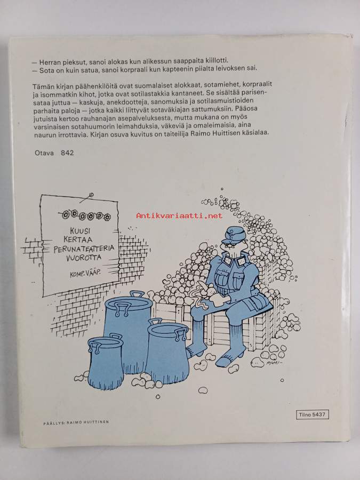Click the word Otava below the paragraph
pyautogui.click(x=44, y=153)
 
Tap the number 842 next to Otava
pyautogui.click(x=67, y=153)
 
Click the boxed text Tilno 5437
pyautogui.click(x=312, y=415)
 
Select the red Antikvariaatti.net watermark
pyautogui.click(x=179, y=215)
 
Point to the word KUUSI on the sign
pyautogui.click(x=80, y=230)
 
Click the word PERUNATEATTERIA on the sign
pyautogui.click(x=84, y=248)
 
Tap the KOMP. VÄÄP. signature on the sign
pyautogui.click(x=85, y=273)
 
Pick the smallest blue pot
pyautogui.click(x=105, y=362)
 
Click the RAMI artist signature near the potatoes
pyautogui.click(x=273, y=363)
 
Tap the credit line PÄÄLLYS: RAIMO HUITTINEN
pyautogui.click(x=76, y=422)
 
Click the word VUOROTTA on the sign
pyautogui.click(x=84, y=258)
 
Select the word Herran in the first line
pyautogui.click(x=49, y=62)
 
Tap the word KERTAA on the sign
pyautogui.click(x=81, y=239)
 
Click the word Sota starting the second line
pyautogui.click(x=46, y=70)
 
